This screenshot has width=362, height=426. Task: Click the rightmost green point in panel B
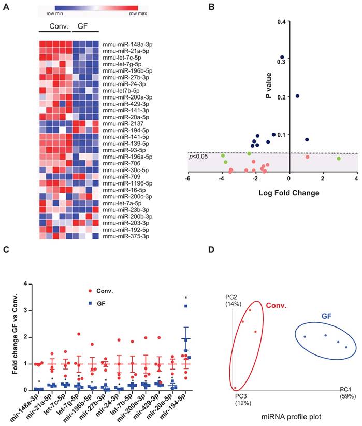(x=339, y=159)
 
